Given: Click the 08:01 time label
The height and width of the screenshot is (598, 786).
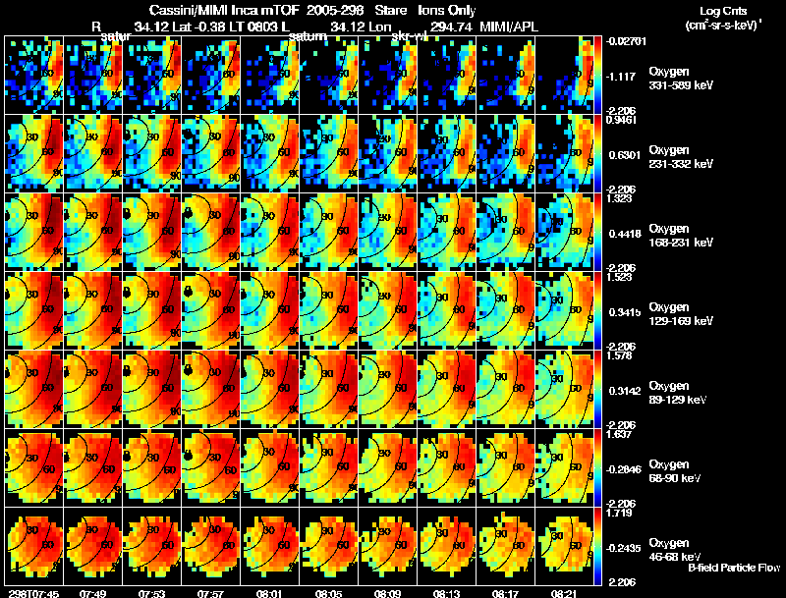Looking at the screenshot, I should click(x=268, y=593).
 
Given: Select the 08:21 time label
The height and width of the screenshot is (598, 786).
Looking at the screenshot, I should click(x=563, y=593).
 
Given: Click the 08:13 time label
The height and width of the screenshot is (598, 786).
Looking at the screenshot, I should click(x=445, y=593).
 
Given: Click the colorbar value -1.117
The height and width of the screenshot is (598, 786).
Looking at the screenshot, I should click(x=623, y=76).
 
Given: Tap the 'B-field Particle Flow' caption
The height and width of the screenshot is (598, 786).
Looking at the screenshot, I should click(x=733, y=568).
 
